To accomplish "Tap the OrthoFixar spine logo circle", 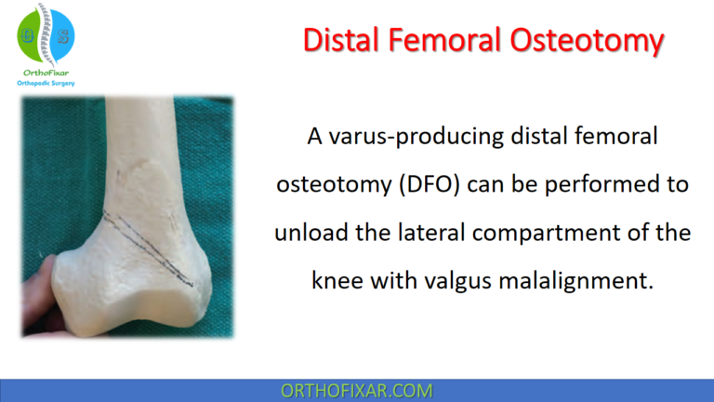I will (45, 33).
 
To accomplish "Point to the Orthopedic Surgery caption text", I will (45, 83).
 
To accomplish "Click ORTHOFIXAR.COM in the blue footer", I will (356, 390).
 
